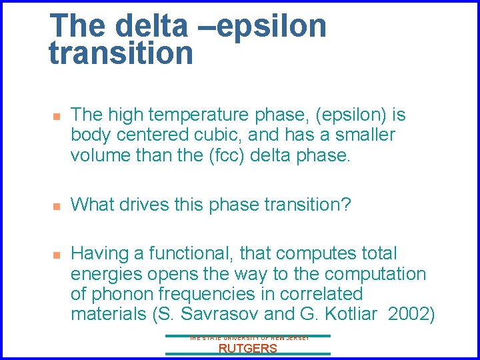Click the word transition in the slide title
(121, 53)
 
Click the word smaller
(363, 135)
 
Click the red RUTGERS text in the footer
(247, 348)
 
